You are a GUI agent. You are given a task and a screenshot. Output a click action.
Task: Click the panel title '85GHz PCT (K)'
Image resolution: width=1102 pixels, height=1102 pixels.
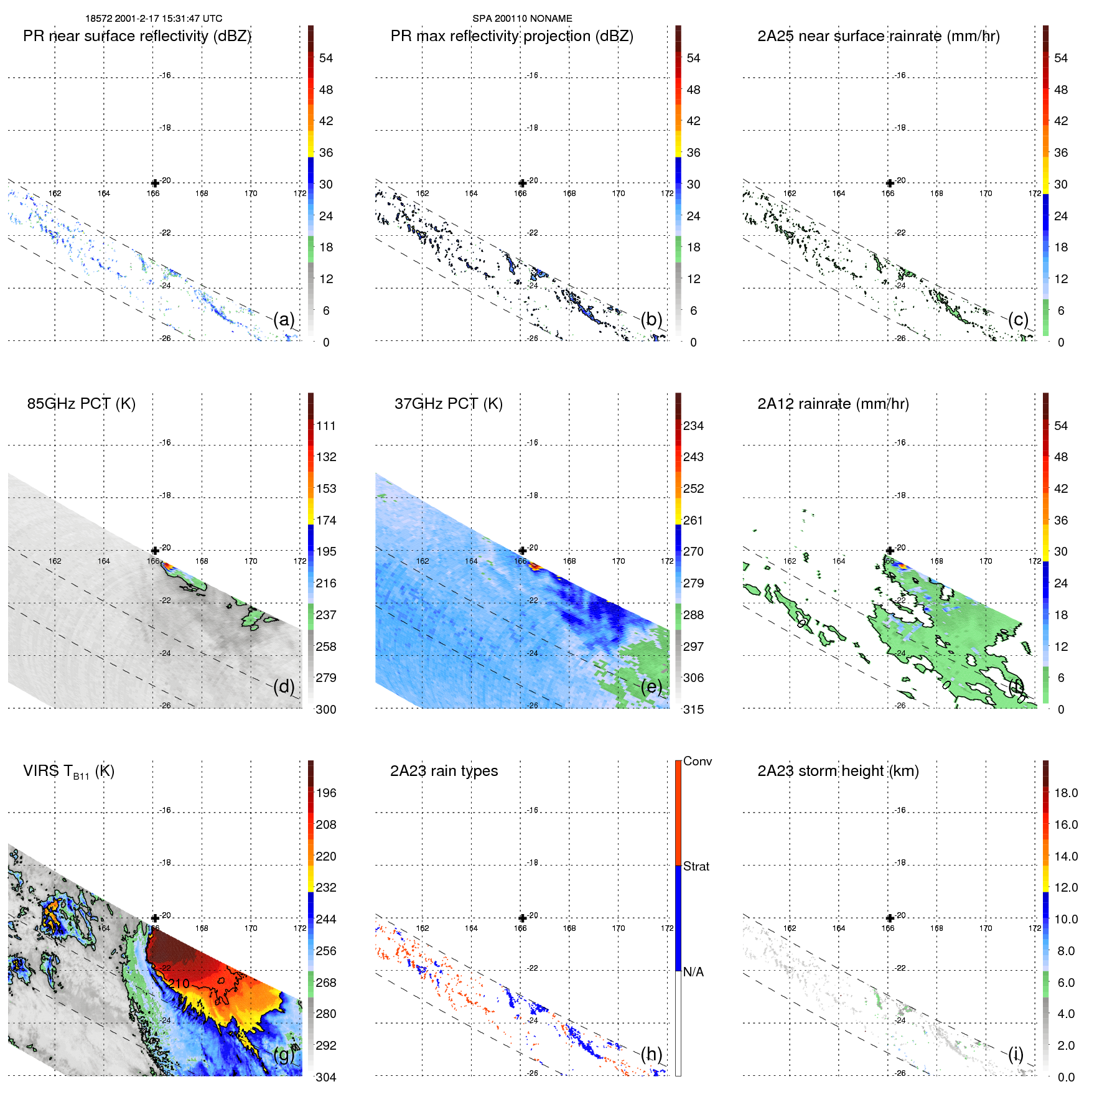click(81, 403)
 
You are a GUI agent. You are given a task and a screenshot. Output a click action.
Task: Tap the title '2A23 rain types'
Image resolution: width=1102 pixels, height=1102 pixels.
click(444, 770)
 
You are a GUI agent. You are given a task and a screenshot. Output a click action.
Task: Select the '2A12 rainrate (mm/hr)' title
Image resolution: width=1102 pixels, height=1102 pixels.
click(833, 403)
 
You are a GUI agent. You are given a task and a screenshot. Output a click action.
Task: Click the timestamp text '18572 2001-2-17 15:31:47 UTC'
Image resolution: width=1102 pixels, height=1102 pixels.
click(154, 19)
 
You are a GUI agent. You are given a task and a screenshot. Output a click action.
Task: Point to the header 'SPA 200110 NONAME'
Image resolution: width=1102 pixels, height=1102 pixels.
click(522, 19)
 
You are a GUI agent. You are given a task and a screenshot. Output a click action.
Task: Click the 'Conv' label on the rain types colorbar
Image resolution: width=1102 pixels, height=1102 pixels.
click(697, 761)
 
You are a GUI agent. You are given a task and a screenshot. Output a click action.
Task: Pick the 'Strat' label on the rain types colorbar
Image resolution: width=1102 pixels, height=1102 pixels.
click(696, 866)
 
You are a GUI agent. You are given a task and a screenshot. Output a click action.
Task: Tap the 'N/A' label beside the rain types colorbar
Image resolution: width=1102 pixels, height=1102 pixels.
click(693, 972)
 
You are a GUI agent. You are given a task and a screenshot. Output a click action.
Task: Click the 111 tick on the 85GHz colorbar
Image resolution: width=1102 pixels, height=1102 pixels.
click(326, 426)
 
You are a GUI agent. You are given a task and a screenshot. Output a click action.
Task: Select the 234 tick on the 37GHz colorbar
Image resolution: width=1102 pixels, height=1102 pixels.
click(693, 426)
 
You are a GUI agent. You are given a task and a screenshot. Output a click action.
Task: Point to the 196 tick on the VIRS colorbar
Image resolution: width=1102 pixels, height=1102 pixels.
click(326, 793)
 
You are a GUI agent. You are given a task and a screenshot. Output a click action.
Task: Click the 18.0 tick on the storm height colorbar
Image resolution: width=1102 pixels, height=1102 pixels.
click(1065, 793)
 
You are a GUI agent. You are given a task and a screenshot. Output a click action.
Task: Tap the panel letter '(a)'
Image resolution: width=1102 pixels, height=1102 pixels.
click(284, 319)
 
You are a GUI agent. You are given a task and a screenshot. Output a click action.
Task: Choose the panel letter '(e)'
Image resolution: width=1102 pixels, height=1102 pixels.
click(651, 686)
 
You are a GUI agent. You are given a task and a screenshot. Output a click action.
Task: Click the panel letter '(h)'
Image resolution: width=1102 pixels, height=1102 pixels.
click(651, 1053)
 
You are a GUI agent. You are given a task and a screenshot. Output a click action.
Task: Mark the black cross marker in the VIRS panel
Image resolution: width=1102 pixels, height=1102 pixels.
click(155, 918)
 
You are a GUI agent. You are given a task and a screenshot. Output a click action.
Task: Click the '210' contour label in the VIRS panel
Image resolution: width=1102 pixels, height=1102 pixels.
click(179, 984)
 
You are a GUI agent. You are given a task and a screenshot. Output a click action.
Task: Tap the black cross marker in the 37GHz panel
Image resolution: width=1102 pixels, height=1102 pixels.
click(522, 551)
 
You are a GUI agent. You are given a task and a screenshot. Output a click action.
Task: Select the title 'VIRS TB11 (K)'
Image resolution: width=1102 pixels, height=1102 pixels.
click(68, 771)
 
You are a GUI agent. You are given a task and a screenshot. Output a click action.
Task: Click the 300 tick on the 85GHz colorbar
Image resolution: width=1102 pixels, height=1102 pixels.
click(326, 709)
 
